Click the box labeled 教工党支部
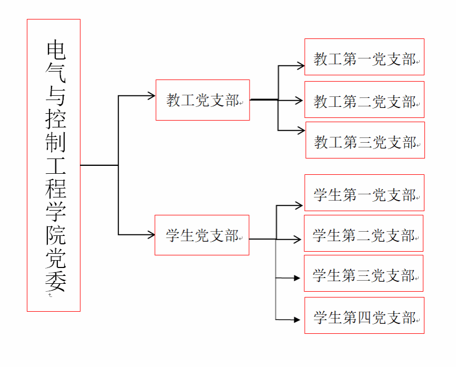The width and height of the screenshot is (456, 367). (203, 100)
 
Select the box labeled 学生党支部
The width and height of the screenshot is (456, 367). (202, 235)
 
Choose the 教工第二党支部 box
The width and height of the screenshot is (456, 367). (364, 100)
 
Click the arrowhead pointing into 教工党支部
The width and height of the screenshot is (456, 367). (152, 96)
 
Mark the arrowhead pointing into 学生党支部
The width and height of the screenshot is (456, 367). (151, 234)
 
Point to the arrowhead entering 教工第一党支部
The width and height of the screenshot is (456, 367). (301, 66)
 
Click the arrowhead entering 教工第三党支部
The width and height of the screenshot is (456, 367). (301, 130)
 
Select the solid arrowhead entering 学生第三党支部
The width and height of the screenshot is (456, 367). (297, 277)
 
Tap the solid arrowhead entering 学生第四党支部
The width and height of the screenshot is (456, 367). (297, 320)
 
